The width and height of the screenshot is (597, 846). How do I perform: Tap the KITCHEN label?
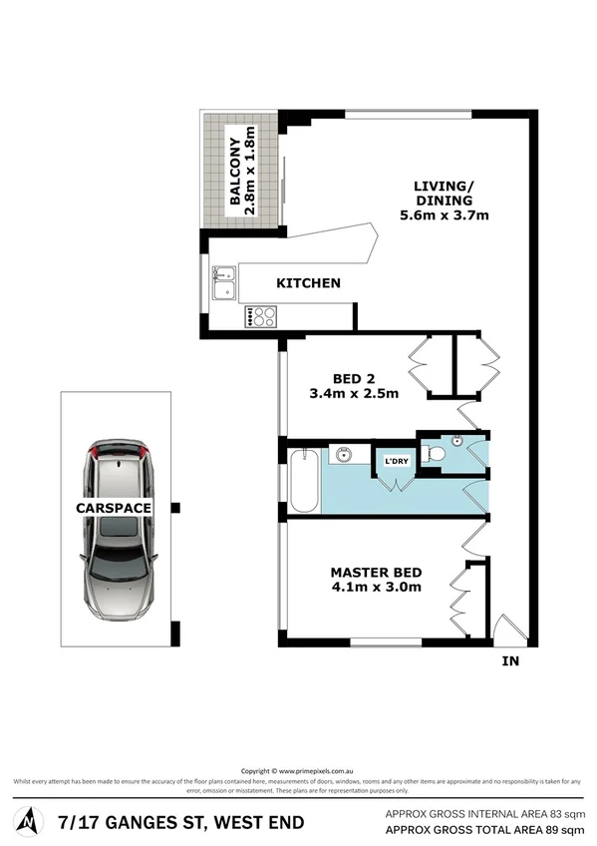308,283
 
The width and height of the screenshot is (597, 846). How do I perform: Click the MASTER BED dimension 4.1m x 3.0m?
376,588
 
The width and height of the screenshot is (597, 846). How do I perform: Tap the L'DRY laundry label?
395,462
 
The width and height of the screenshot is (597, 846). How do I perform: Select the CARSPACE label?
115,508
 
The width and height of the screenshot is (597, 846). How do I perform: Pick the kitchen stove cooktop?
263,317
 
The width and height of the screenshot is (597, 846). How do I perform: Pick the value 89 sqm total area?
558,830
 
